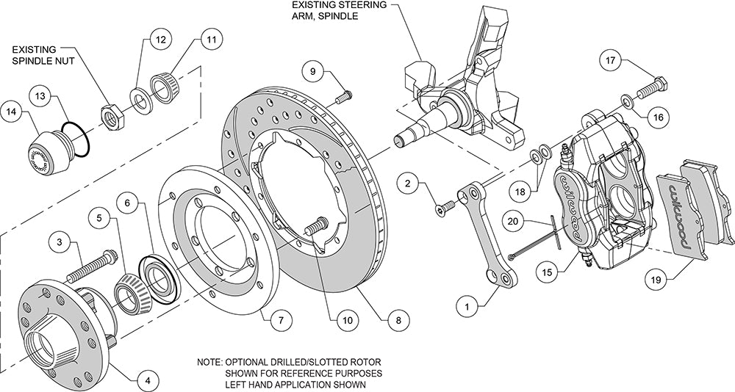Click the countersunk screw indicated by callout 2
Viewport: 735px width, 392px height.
(440, 211)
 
